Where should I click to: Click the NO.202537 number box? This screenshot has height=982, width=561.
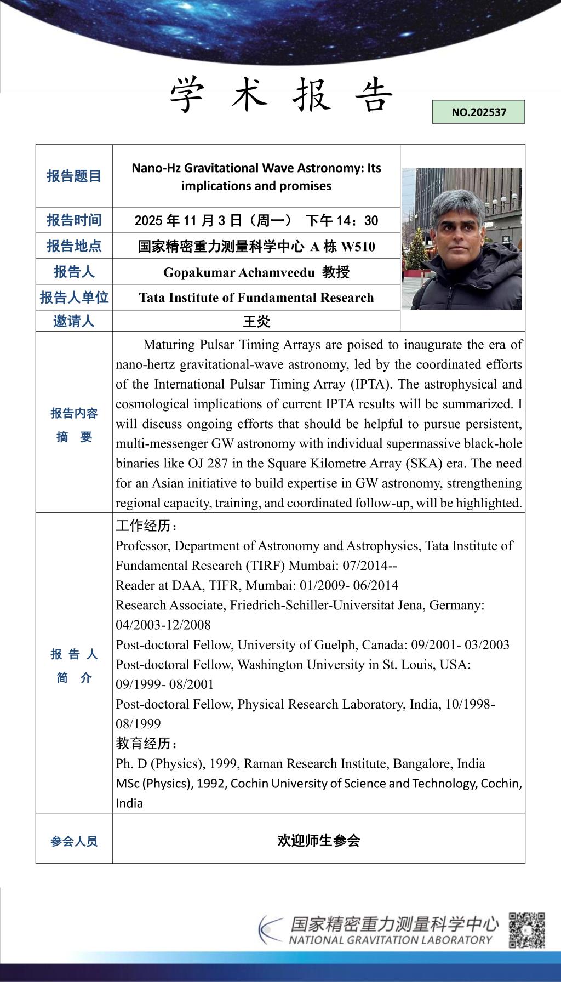[478, 112]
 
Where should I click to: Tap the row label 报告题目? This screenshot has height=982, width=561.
[74, 176]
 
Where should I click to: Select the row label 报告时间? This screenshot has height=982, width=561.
[74, 220]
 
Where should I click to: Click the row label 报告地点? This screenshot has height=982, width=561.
[74, 246]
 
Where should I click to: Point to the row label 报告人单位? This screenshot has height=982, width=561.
[74, 298]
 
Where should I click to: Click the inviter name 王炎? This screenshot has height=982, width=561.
[256, 321]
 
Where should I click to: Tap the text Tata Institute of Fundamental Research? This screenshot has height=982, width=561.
[256, 298]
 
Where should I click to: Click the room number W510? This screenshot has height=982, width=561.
[358, 247]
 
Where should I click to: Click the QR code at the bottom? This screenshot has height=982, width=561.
[526, 930]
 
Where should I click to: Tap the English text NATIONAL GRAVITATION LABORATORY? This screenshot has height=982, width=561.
[391, 940]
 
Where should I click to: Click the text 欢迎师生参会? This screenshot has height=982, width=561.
[318, 841]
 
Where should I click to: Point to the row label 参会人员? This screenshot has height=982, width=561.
[74, 841]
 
